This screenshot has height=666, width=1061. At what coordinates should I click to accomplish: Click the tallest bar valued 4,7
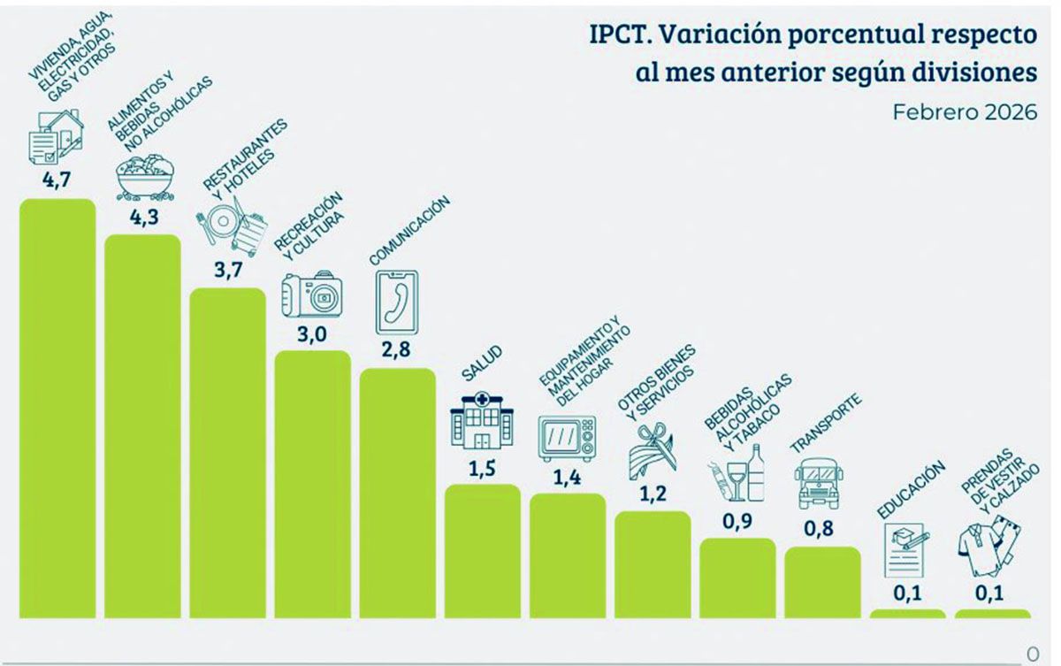coord(57,407)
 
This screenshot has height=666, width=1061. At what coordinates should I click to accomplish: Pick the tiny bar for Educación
coord(907,613)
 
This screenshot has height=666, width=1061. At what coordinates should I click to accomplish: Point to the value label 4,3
coord(143,218)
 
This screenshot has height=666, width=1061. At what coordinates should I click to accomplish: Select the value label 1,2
coord(652,494)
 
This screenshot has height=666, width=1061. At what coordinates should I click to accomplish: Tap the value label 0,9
coord(737,521)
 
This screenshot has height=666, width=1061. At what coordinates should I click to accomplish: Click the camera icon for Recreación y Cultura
coord(312,295)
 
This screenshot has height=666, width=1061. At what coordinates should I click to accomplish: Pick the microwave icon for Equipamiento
coord(567,439)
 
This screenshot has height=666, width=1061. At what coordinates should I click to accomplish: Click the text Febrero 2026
coord(964,113)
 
